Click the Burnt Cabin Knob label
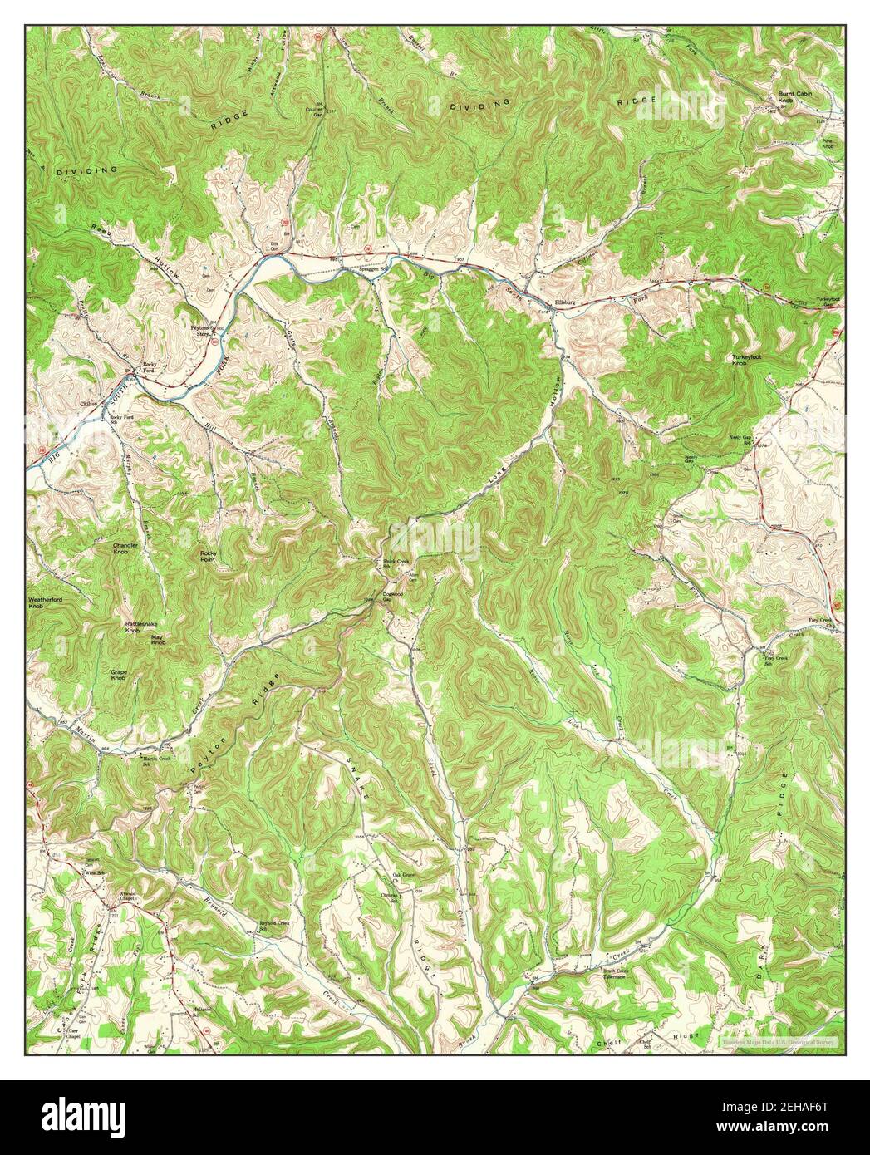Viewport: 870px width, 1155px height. (x=794, y=97)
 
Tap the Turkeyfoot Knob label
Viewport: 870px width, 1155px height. (x=746, y=361)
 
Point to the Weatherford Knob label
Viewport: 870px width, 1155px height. (x=47, y=602)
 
